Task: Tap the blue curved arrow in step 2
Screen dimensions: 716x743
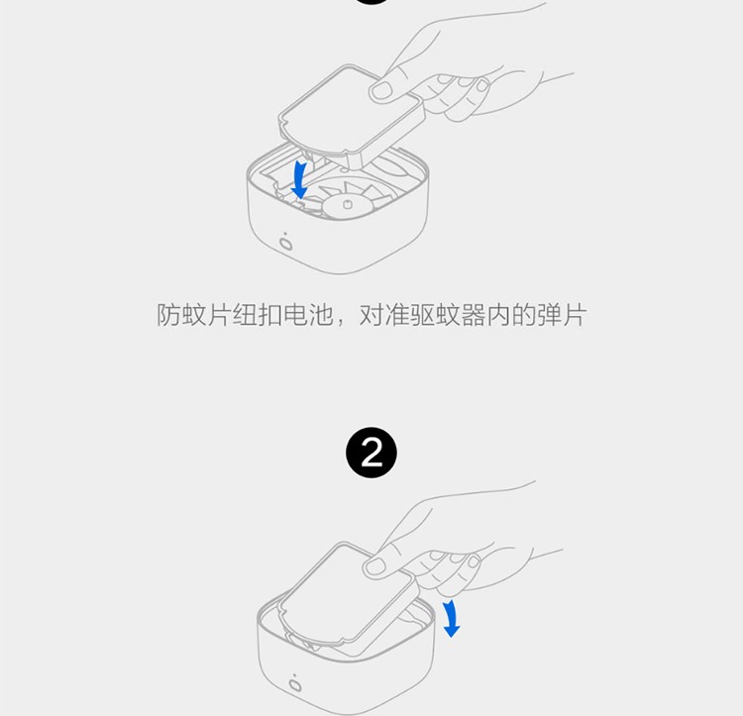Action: tap(451, 616)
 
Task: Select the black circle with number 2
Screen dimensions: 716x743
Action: tap(371, 453)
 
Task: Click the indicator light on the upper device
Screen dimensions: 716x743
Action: tap(287, 243)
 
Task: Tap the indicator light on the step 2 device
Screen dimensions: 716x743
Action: tap(295, 686)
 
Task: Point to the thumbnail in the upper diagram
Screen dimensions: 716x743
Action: tap(381, 91)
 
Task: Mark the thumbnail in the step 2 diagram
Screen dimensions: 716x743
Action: tap(374, 565)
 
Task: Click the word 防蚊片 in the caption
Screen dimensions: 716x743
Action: tap(194, 316)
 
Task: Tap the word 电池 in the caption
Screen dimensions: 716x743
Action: tap(307, 316)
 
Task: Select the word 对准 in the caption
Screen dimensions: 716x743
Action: tap(383, 316)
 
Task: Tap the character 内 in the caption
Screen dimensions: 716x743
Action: tap(497, 316)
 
